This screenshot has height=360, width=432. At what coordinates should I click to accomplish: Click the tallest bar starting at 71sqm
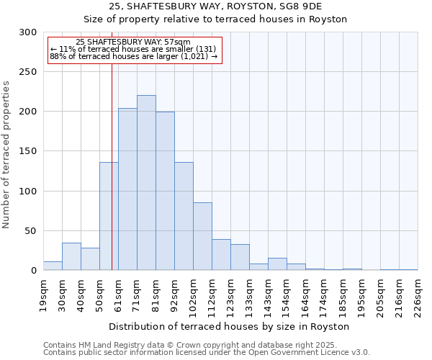click(146, 183)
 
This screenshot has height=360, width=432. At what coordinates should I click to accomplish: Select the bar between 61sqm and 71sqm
click(127, 189)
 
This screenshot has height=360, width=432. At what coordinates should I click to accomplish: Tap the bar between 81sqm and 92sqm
click(165, 191)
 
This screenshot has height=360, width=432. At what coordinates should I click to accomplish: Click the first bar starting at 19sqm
click(53, 266)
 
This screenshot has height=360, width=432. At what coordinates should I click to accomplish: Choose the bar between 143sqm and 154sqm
click(277, 264)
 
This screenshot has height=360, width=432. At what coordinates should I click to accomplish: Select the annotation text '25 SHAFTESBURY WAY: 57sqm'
click(133, 42)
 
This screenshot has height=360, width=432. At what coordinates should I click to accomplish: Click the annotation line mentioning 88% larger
click(133, 56)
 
